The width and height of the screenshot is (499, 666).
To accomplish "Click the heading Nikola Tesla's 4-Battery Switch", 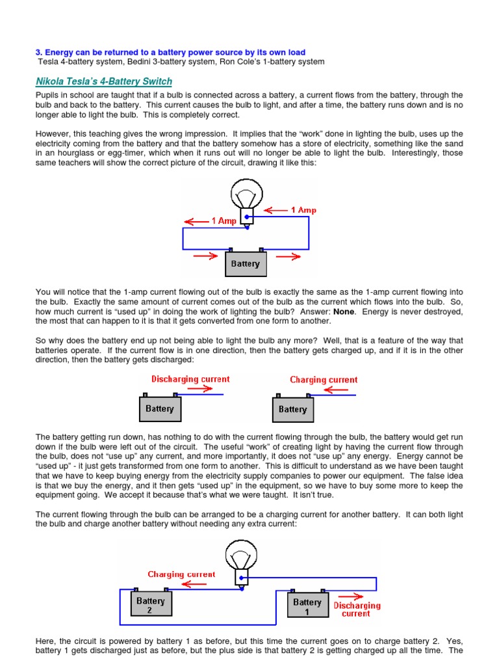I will [104, 81].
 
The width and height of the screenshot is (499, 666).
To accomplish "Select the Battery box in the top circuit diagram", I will [245, 263].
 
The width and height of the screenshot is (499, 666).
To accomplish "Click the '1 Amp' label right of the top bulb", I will [303, 210].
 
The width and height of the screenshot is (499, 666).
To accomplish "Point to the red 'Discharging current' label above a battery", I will [190, 379].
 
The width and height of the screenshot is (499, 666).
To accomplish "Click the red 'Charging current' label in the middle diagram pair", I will [324, 380].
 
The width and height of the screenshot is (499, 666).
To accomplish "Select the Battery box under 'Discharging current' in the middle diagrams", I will [160, 409].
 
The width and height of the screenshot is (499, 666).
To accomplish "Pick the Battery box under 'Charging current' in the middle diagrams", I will [292, 410].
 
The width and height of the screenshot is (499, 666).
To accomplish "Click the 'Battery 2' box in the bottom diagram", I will [150, 606].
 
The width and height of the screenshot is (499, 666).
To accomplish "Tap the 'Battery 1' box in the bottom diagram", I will [307, 606].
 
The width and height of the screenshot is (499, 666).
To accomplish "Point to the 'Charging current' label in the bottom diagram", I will [181, 574].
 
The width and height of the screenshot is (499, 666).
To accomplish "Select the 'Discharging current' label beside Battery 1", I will [357, 609].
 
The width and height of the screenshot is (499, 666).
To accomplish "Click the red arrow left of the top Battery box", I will [205, 256].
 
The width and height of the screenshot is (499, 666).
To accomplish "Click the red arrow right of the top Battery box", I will [288, 256].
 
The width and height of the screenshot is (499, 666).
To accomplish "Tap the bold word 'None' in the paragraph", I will [344, 312].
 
